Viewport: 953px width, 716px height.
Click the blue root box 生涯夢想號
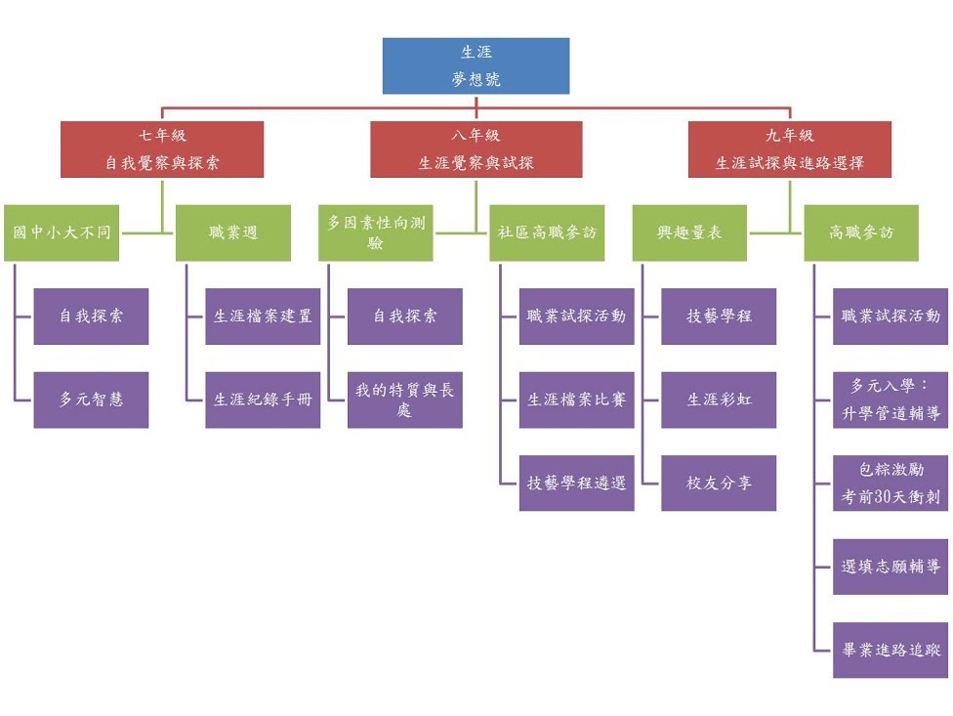476,65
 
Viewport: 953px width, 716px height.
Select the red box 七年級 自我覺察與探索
162,149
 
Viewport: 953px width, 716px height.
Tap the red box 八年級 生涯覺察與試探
476,149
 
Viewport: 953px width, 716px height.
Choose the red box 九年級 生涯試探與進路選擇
789,149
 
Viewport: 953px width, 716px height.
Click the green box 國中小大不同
62,232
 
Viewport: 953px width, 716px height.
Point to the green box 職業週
233,232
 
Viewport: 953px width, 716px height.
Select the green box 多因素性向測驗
376,232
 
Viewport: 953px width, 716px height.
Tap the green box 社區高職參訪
547,232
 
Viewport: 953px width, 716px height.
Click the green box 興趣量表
689,232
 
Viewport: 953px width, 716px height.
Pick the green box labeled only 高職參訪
861,232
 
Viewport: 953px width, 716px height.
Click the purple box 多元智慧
91,400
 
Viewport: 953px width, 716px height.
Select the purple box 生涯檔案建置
263,316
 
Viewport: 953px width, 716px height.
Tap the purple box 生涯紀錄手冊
263,400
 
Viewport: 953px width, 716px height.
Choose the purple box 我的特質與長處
405,400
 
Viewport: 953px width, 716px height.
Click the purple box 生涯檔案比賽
576,400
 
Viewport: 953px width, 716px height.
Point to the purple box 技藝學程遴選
576,483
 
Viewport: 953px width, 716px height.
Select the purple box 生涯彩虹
719,400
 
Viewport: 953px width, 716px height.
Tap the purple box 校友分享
719,483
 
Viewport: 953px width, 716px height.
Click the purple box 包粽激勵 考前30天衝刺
891,483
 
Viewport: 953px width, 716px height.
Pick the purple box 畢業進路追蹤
891,650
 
